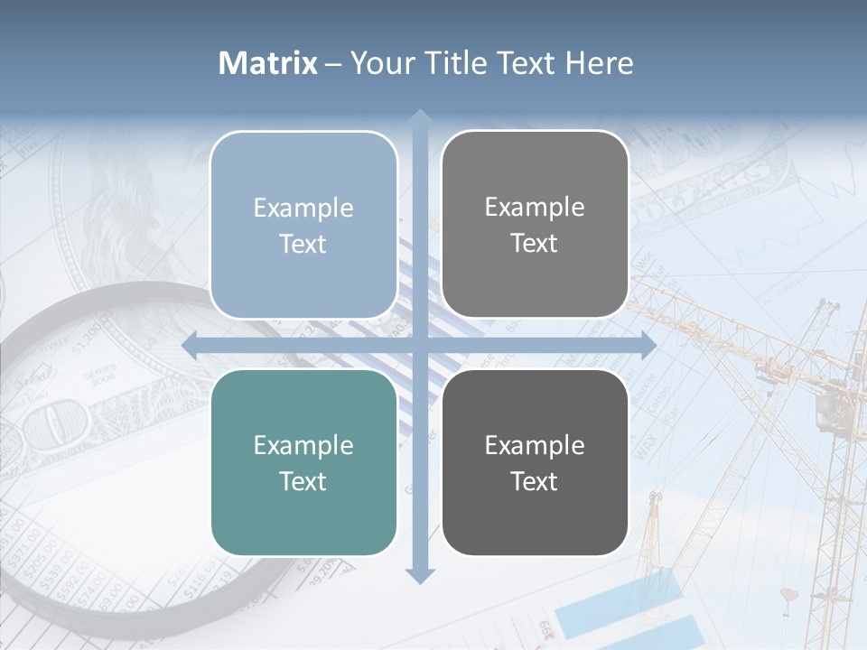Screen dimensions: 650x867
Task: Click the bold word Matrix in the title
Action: click(x=268, y=63)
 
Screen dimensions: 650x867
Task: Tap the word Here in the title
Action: click(x=599, y=63)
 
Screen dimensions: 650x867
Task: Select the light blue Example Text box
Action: click(x=303, y=225)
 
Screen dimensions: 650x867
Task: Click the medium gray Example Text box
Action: click(x=535, y=225)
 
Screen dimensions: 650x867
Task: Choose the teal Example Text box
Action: click(x=303, y=462)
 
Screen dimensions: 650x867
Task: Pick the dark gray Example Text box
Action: click(x=535, y=462)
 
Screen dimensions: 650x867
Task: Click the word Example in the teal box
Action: click(x=303, y=445)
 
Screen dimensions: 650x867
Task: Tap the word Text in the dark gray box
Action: click(x=535, y=481)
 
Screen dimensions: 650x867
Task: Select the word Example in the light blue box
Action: click(x=303, y=208)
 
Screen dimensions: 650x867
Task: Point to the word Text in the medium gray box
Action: click(x=535, y=244)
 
